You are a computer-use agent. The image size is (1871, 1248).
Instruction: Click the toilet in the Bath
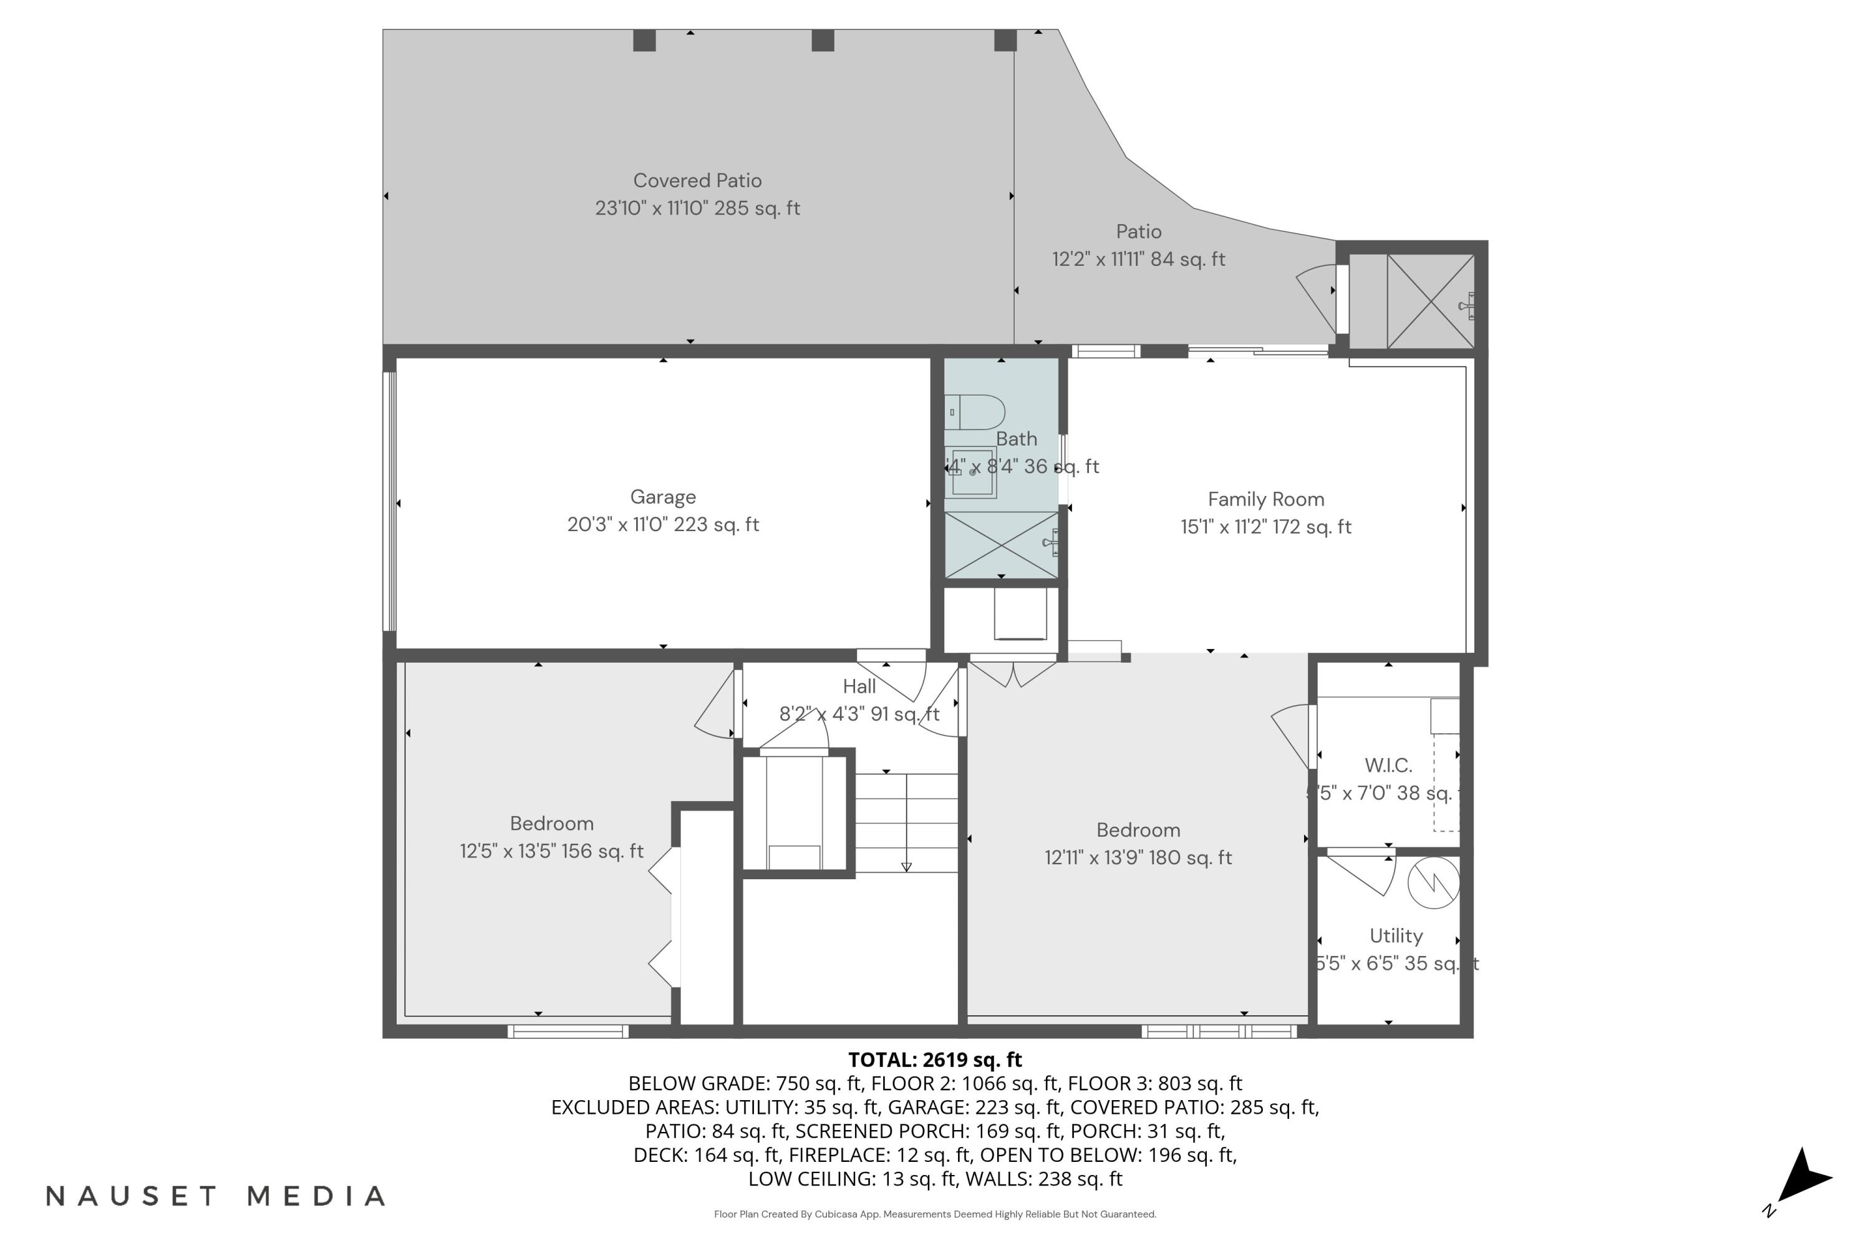click(x=976, y=413)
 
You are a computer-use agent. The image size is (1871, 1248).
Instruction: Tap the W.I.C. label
click(x=1388, y=766)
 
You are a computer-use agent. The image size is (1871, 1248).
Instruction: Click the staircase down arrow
click(x=906, y=866)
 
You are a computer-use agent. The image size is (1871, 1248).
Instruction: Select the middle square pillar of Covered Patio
click(x=823, y=41)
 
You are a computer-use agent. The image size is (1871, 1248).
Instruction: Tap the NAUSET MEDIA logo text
click(x=216, y=1196)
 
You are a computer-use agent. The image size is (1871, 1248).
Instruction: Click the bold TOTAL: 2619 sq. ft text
click(x=935, y=1060)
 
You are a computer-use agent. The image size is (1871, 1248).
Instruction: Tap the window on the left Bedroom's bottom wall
click(x=568, y=1031)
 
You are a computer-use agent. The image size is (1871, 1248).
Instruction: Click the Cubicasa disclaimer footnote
click(x=935, y=1214)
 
